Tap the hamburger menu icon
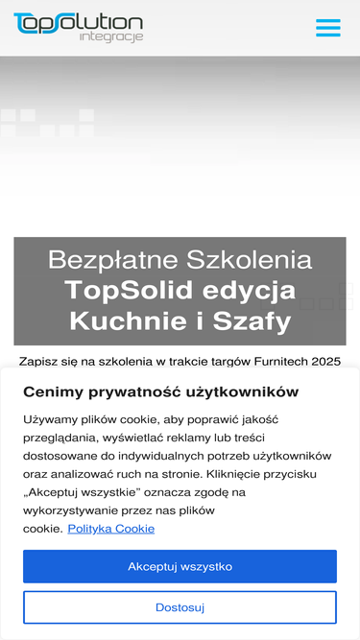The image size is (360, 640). (328, 28)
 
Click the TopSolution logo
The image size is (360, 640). (78, 22)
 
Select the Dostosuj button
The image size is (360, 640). (180, 607)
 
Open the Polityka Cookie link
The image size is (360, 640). (110, 529)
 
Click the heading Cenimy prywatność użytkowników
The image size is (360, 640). (160, 391)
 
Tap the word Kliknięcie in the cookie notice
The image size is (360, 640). (257, 474)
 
